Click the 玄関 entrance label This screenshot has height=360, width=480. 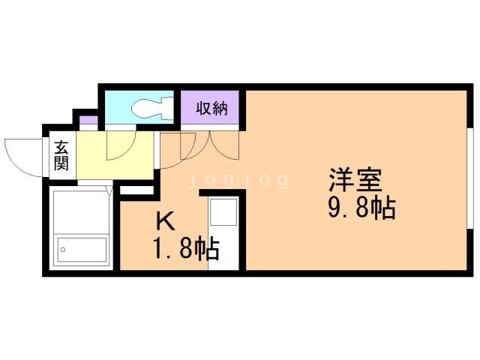[x=61, y=156]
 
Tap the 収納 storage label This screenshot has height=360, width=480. [x=211, y=108]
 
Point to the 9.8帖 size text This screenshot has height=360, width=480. [x=361, y=208]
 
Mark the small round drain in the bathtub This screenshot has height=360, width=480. [x=63, y=250]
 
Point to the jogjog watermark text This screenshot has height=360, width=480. [x=238, y=180]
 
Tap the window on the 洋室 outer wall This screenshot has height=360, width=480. [x=470, y=187]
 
